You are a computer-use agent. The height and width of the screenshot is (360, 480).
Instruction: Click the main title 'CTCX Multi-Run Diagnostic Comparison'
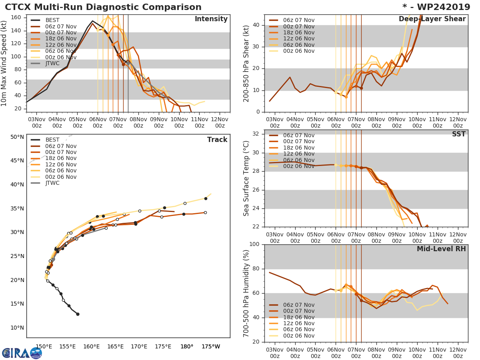tap(103, 7)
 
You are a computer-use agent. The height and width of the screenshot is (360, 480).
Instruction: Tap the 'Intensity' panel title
tap(211, 19)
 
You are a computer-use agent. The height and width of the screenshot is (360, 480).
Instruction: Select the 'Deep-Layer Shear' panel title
tap(432, 19)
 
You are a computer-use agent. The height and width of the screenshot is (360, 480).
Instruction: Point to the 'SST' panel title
tap(458, 134)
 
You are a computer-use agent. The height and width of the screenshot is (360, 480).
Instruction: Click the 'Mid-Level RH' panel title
tap(441, 249)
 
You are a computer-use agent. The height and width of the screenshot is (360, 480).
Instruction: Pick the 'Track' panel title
tap(217, 140)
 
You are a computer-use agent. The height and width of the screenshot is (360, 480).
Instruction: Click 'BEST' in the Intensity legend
tap(52, 20)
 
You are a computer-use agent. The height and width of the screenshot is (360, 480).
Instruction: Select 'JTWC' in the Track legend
tap(52, 183)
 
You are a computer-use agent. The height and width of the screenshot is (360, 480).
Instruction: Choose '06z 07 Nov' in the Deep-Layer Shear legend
tap(299, 20)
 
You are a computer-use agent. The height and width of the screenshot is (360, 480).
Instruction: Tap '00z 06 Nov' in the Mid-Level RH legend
tap(299, 336)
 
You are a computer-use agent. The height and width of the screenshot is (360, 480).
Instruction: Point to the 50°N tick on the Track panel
tap(17, 137)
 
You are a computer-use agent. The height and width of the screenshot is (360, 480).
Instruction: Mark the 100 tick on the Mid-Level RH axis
tap(255, 244)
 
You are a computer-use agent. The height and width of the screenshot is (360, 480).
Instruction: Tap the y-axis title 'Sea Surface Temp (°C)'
tap(246, 178)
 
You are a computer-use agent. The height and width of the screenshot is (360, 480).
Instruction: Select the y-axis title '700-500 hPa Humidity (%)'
tap(246, 293)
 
